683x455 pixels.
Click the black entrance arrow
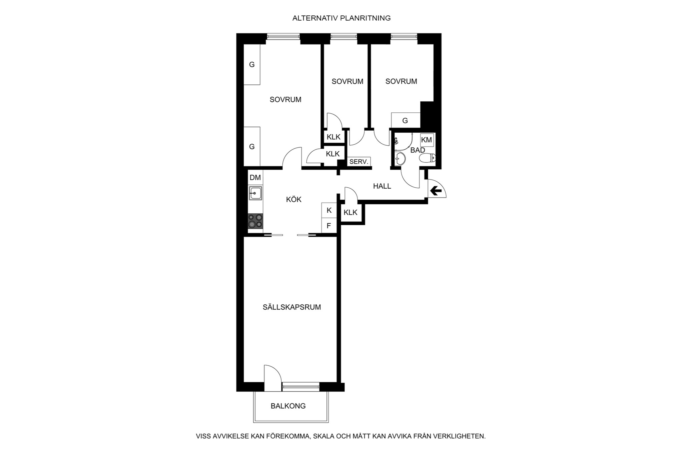tap(436, 191)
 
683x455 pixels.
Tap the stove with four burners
tap(255, 221)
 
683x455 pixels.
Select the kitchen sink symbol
tap(255, 193)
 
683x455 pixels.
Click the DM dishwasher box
tap(255, 177)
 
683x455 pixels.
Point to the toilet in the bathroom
tap(428, 158)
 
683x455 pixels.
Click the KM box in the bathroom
tap(427, 140)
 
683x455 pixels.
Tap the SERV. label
tap(359, 162)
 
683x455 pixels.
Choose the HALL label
tap(382, 186)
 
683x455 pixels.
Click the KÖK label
tap(294, 199)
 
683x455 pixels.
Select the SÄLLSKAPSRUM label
tap(292, 307)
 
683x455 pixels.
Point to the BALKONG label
tap(288, 406)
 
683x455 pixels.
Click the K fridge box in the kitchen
tap(329, 210)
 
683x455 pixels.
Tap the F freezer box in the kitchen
tap(329, 226)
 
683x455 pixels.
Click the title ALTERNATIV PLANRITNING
tap(341, 18)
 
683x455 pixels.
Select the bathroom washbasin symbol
tap(400, 159)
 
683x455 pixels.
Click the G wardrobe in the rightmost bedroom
tap(406, 120)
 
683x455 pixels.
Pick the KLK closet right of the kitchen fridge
tap(351, 212)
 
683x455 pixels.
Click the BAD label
tap(418, 150)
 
